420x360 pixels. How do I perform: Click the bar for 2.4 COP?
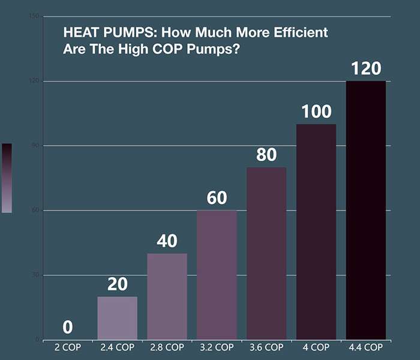pyautogui.click(x=117, y=318)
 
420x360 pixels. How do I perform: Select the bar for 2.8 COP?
pyautogui.click(x=167, y=296)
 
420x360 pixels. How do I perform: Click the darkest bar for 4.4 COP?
pyautogui.click(x=366, y=210)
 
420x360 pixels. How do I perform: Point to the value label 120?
pyautogui.click(x=366, y=68)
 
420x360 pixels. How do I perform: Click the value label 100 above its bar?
pyautogui.click(x=316, y=112)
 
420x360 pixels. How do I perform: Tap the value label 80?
pyautogui.click(x=266, y=155)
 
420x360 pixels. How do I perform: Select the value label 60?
pyautogui.click(x=217, y=198)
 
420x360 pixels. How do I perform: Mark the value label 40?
pyautogui.click(x=167, y=241)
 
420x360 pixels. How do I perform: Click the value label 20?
pyautogui.click(x=117, y=284)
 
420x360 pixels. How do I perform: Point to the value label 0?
pyautogui.click(x=68, y=328)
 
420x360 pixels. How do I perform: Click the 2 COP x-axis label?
pyautogui.click(x=68, y=347)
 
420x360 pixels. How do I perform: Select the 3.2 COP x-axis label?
pyautogui.click(x=217, y=347)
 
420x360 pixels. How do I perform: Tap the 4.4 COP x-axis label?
pyautogui.click(x=366, y=347)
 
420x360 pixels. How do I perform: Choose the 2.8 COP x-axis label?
pyautogui.click(x=167, y=347)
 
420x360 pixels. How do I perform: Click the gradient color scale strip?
pyautogui.click(x=7, y=178)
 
